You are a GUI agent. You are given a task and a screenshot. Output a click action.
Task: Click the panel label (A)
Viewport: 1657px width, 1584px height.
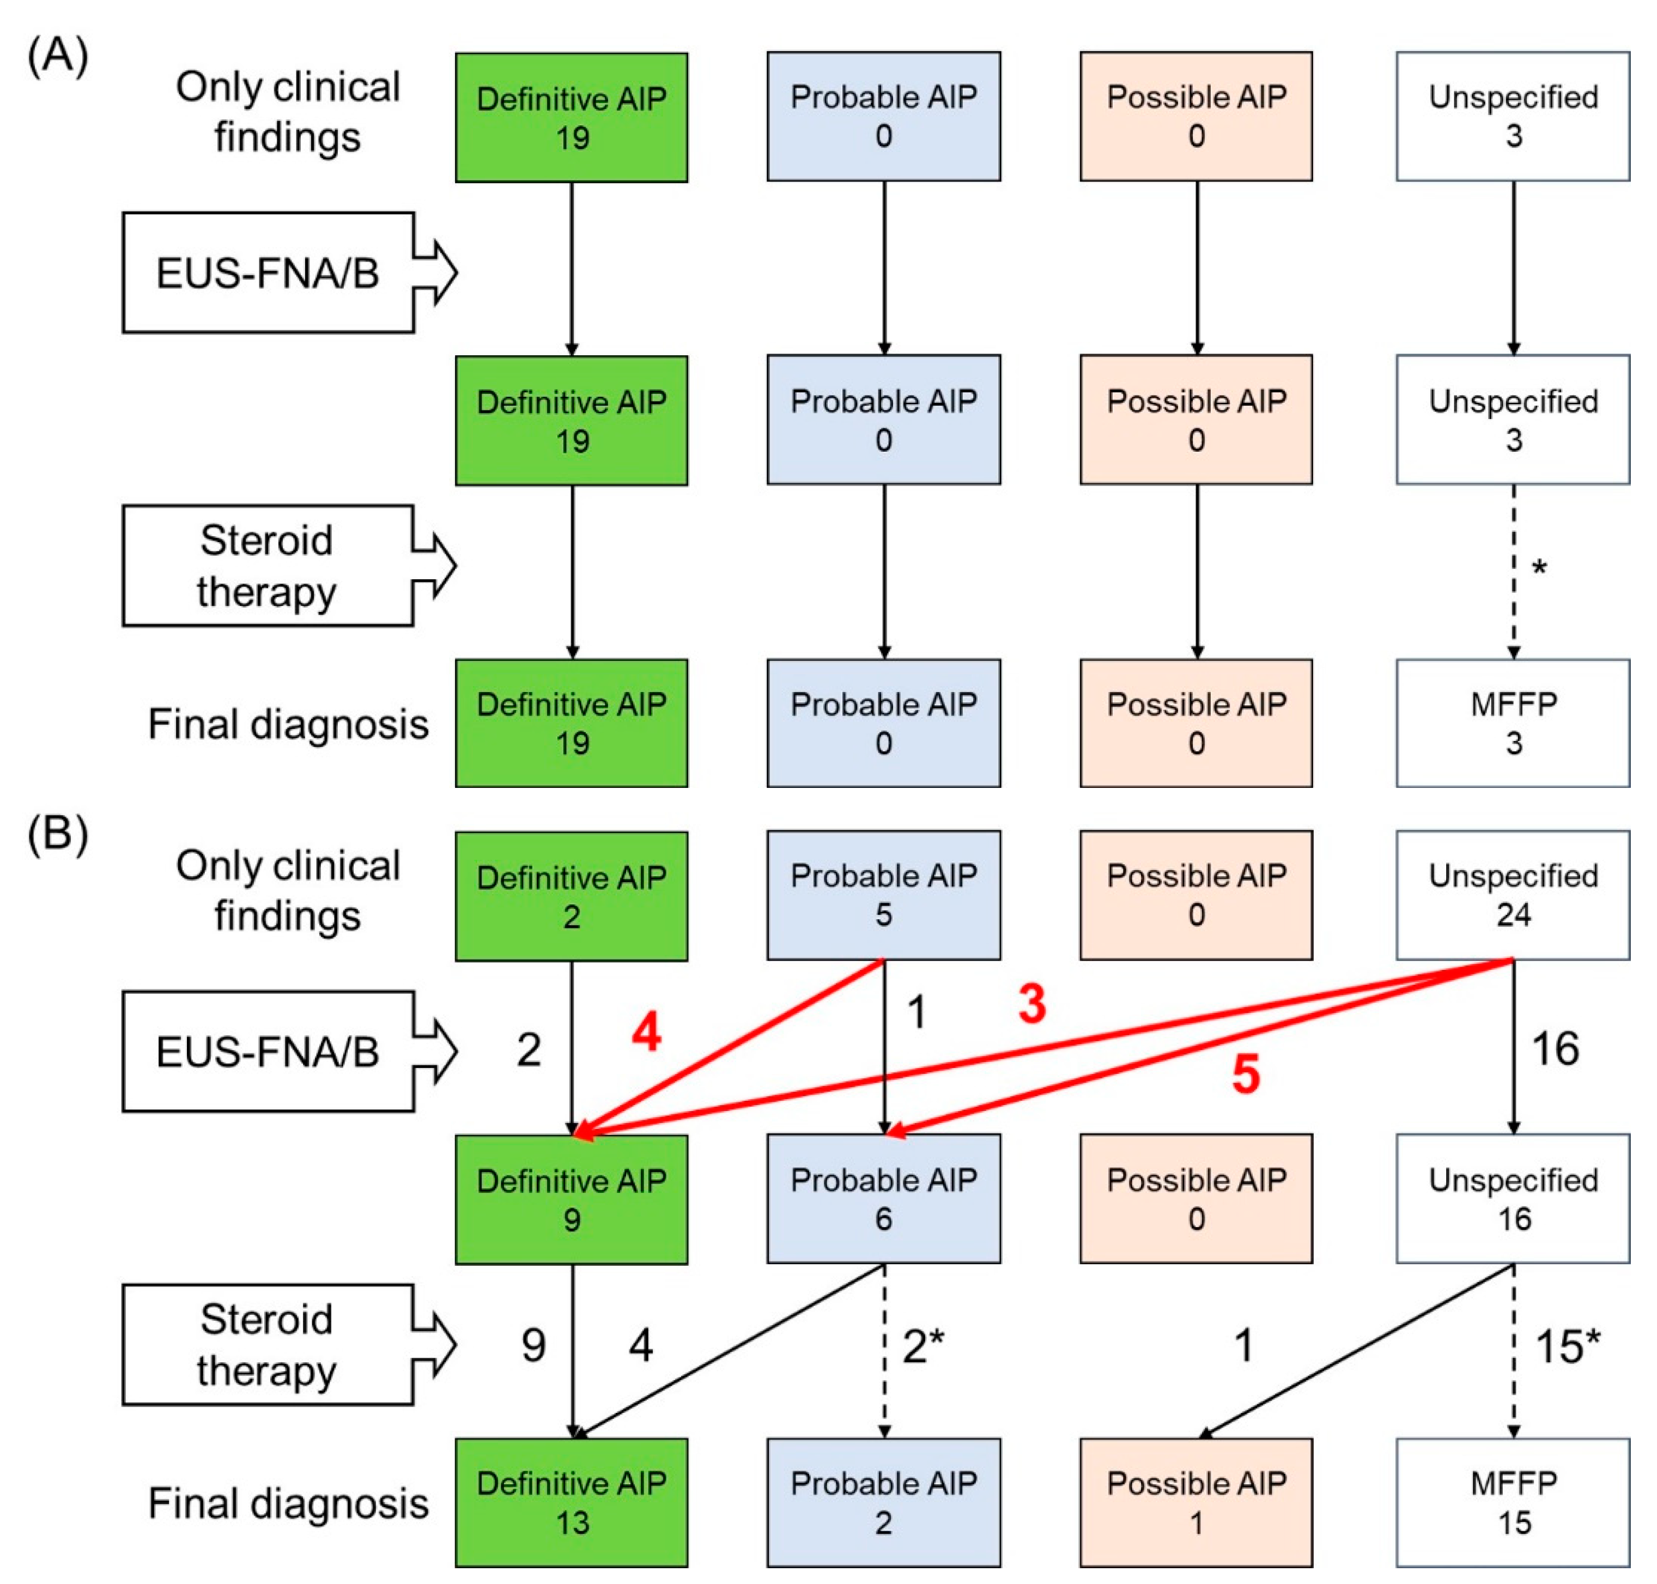tap(57, 57)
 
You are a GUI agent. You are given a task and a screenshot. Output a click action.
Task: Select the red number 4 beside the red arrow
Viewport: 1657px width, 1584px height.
tap(646, 1032)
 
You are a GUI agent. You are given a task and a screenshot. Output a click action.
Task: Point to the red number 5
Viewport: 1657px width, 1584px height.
tap(1246, 1075)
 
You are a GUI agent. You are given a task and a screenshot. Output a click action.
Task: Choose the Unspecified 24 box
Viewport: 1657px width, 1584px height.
tap(1513, 895)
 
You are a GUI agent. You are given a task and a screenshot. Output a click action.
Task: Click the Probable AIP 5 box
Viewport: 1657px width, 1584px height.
tap(883, 895)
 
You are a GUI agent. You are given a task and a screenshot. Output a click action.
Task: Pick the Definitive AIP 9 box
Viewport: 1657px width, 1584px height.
tap(571, 1199)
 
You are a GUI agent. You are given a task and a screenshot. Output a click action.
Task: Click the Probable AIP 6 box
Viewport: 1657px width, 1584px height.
tap(883, 1199)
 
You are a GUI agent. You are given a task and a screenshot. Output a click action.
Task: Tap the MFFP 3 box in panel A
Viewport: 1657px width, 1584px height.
tap(1513, 724)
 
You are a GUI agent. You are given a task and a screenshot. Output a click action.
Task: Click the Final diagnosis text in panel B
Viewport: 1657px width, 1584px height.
tap(288, 1504)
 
